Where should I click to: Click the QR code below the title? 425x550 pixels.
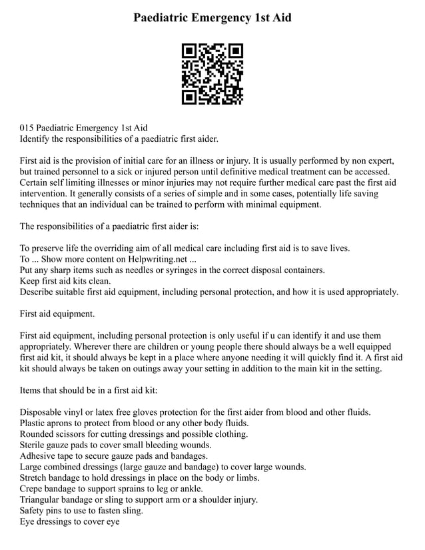click(212, 74)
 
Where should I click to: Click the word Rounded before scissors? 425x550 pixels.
click(39, 434)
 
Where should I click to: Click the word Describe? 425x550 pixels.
click(39, 292)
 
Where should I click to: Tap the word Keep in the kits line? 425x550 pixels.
click(31, 281)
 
